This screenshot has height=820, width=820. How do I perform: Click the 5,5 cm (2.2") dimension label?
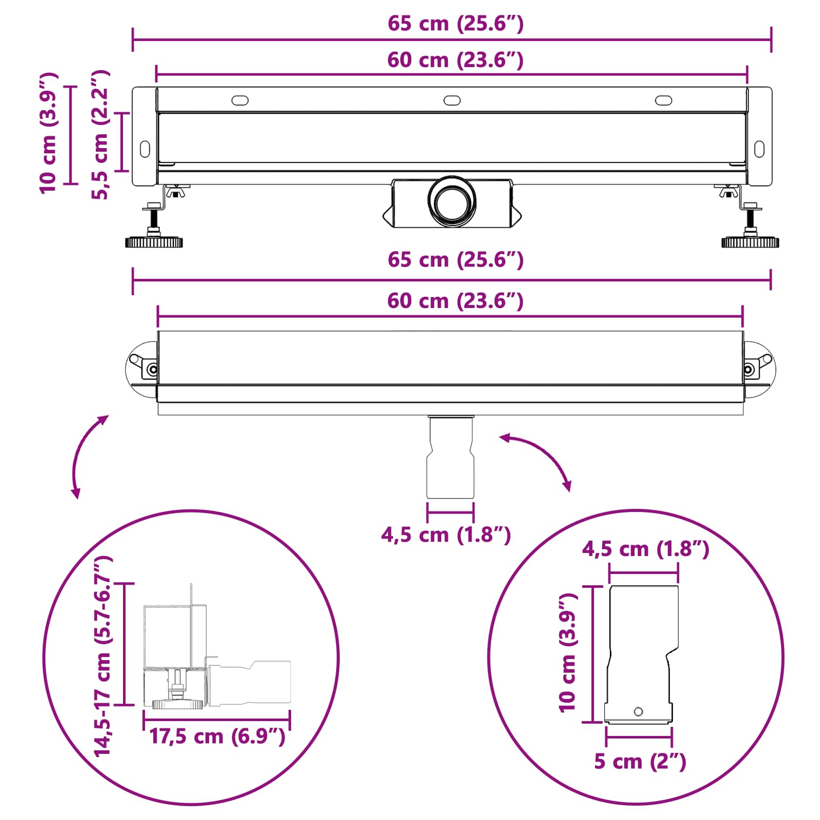pos(100,135)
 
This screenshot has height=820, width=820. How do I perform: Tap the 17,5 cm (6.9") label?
pos(217,736)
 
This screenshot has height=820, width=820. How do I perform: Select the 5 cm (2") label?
pos(640,762)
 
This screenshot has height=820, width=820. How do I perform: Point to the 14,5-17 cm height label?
pos(102,656)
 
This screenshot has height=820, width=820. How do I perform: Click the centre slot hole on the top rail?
pos(452,100)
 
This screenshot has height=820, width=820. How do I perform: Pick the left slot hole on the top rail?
pos(240,100)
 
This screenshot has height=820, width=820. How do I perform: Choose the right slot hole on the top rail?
pos(664,100)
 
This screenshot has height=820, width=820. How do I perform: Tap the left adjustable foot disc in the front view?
pos(154,242)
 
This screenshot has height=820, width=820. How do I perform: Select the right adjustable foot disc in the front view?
pos(750,242)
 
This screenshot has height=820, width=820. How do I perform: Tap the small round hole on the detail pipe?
pos(639,711)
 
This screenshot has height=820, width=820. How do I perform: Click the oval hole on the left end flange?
pos(145,149)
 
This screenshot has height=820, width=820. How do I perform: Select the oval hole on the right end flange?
pos(759,149)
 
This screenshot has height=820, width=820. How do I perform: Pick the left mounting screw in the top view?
pos(152,369)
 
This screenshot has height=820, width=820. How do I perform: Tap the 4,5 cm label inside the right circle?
pos(645,549)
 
